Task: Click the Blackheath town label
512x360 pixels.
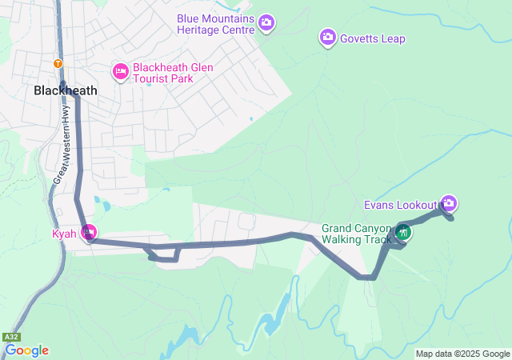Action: (x=66, y=90)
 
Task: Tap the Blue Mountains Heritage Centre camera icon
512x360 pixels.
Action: (x=266, y=25)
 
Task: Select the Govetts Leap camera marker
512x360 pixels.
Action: (x=328, y=37)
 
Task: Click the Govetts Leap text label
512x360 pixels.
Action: (x=373, y=38)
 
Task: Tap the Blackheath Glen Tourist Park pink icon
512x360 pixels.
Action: (x=121, y=72)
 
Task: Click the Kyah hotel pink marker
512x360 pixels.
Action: (x=90, y=234)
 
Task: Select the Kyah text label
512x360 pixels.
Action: (x=65, y=234)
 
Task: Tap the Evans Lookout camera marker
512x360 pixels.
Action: (x=449, y=203)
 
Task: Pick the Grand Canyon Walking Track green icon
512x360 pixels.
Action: (x=404, y=233)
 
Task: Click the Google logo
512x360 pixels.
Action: (x=26, y=350)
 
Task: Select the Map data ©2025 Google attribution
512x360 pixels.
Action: (x=462, y=354)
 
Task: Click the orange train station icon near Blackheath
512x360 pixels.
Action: (x=57, y=63)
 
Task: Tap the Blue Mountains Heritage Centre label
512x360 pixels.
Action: (x=216, y=23)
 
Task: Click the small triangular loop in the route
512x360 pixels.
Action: (x=165, y=254)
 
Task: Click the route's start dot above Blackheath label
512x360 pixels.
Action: (x=63, y=82)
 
